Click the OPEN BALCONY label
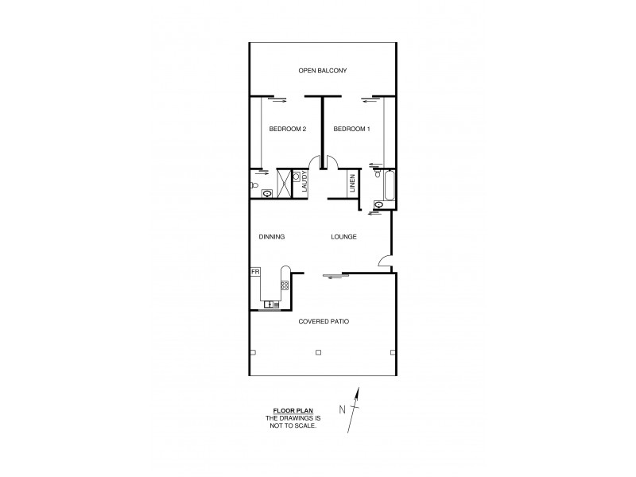pos(322,71)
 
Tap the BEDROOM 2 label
pos(287,129)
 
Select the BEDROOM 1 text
pos(351,129)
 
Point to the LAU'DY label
pos(304,184)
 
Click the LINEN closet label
pos(352,184)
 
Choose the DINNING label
pos(272,237)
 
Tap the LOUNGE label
pos(343,237)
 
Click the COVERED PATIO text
pos(324,321)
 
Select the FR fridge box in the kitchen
pos(255,272)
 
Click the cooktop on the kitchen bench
pos(284,285)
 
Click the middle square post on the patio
pos(318,352)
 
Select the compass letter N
pos(342,410)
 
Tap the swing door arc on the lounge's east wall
pos(384,260)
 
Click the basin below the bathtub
pos(378,205)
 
